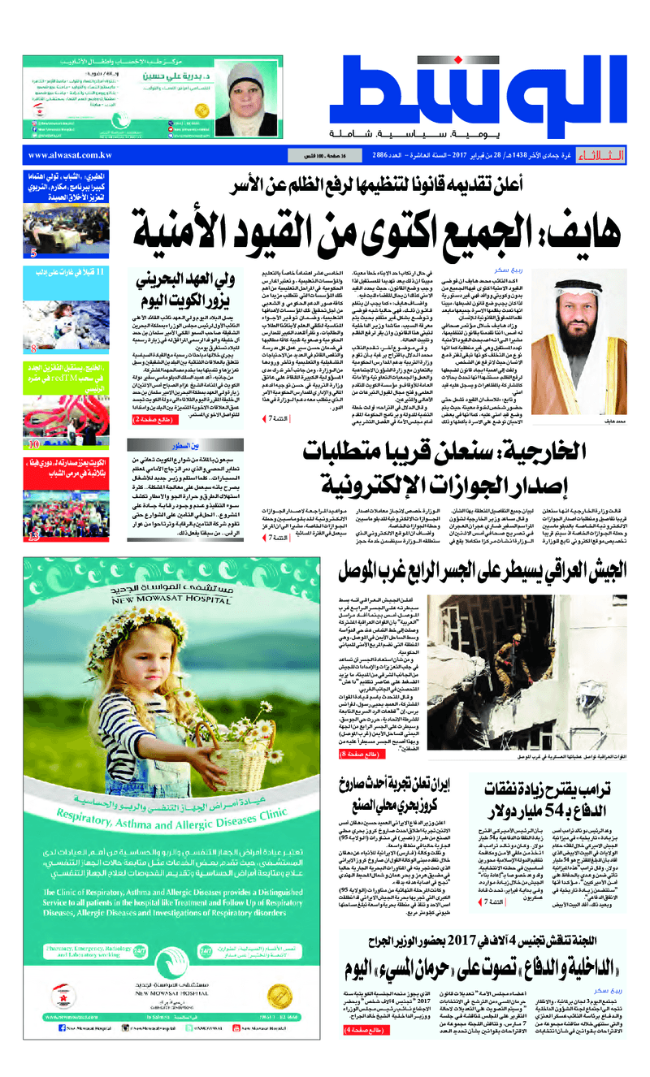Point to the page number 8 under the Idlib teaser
33,350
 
